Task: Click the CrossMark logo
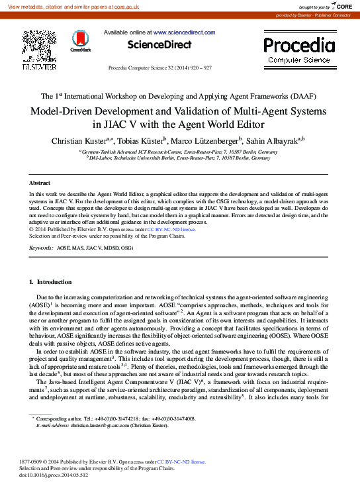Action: point(81,40)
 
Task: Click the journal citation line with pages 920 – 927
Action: point(159,68)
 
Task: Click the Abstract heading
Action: point(40,182)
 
